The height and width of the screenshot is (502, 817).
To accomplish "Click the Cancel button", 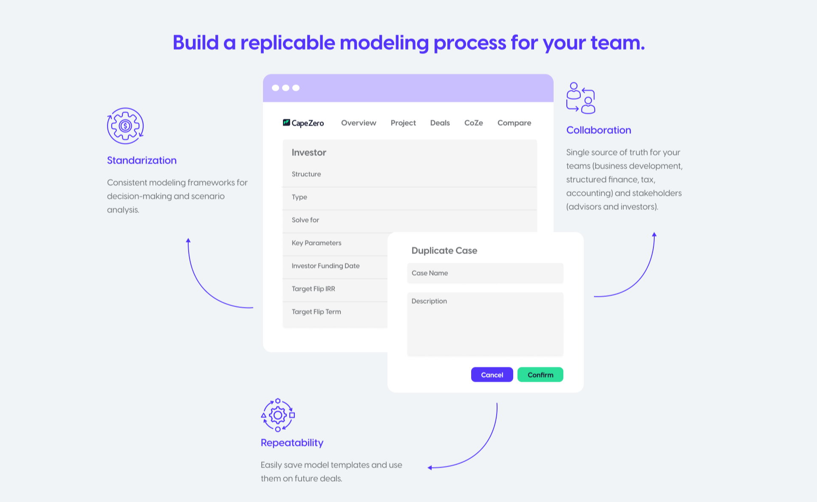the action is [x=492, y=375].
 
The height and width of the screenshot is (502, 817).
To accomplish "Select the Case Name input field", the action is [x=485, y=273].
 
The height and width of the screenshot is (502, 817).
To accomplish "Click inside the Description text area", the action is [x=485, y=324].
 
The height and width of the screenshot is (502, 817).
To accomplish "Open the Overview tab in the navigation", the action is [x=359, y=123].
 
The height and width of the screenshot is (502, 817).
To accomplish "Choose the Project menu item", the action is [x=403, y=123].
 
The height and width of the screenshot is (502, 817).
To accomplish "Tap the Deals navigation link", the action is [x=440, y=123].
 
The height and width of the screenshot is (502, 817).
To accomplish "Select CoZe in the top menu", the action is [x=473, y=123].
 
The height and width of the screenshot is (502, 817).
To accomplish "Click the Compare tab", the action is [x=514, y=123].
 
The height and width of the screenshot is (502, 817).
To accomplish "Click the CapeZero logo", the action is [x=303, y=123].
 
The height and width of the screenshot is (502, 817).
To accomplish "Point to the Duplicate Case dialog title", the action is [x=444, y=251].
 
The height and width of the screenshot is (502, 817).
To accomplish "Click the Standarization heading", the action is [x=141, y=160].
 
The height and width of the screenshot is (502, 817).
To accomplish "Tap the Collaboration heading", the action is [x=599, y=130].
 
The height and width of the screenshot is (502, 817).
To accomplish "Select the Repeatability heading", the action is [x=292, y=443].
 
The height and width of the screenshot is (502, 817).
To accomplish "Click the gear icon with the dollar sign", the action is [x=125, y=126].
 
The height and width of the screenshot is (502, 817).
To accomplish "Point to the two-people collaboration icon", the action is [x=581, y=98].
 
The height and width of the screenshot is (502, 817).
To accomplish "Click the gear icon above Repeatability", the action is [x=278, y=415].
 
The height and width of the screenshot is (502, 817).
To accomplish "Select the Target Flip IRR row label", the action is [x=313, y=289].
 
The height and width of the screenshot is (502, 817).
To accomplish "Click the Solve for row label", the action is [x=305, y=220].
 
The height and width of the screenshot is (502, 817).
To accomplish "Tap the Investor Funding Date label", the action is [x=325, y=266].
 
